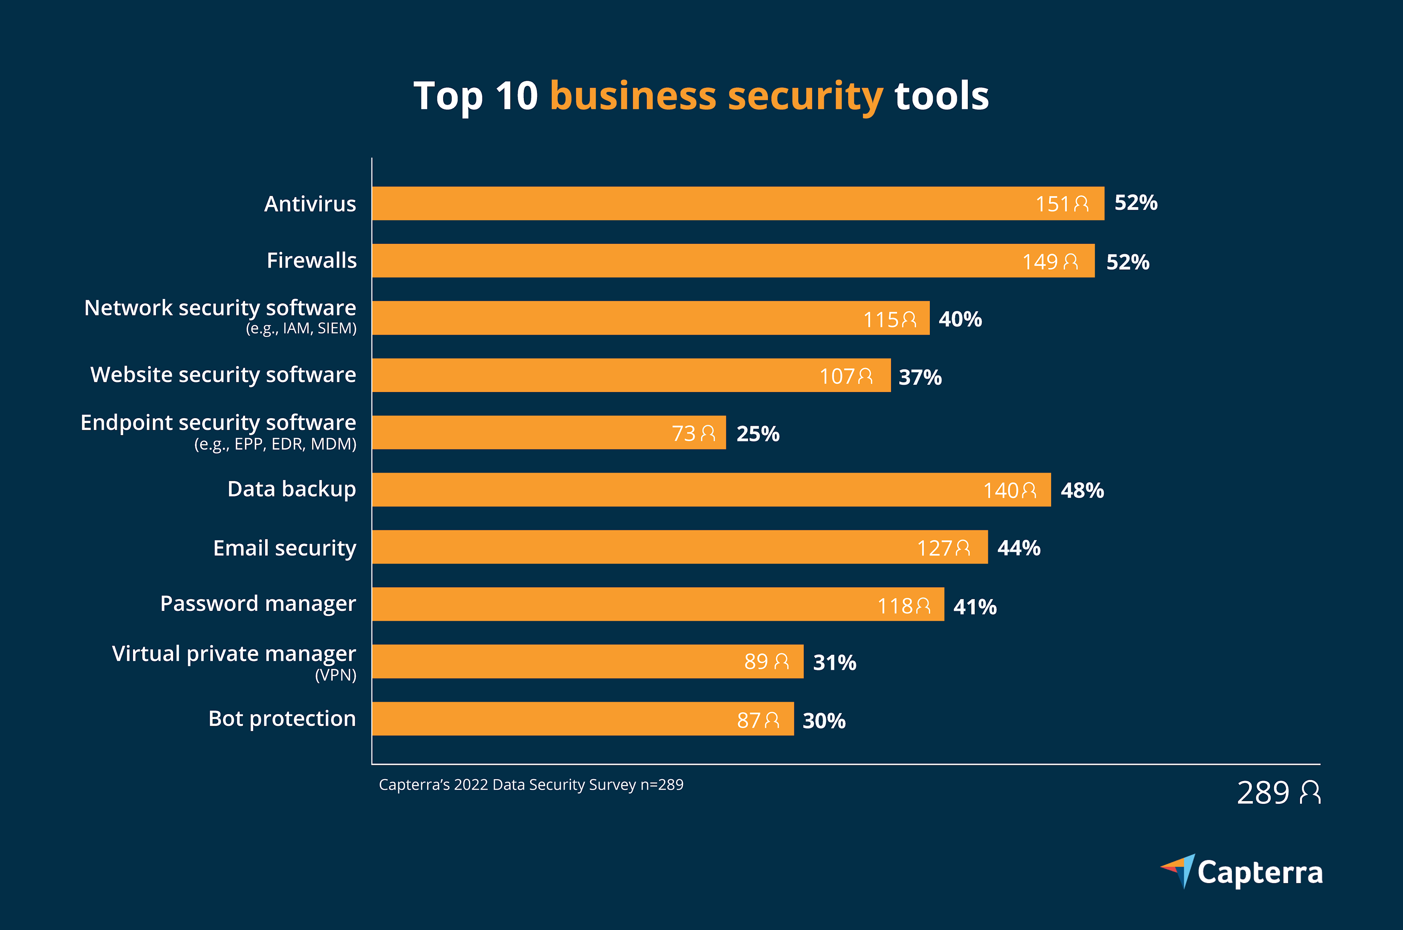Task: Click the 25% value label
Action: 758,433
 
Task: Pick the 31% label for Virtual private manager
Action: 834,663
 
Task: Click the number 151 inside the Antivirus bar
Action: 1052,204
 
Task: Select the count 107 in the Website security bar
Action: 836,376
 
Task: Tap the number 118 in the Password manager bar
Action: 894,606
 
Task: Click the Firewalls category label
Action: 311,261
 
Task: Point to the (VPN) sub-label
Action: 336,675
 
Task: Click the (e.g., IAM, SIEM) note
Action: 301,328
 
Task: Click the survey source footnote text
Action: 531,785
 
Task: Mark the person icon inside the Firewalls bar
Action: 1071,262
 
